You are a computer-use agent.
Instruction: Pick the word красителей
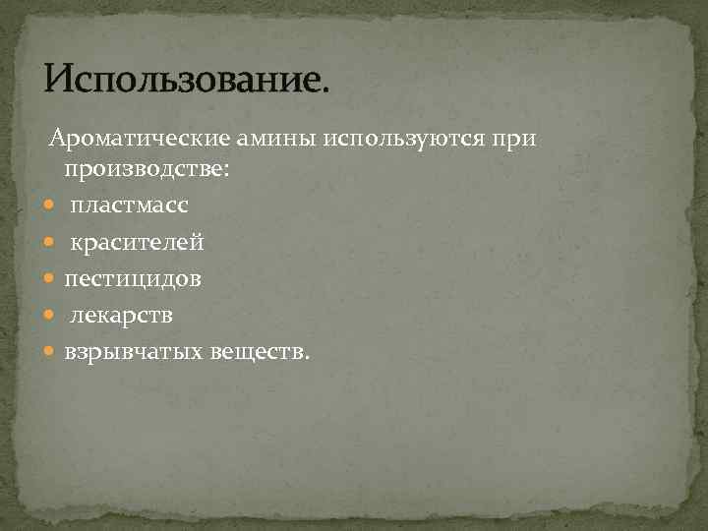point(136,243)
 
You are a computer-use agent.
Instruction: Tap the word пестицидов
point(133,279)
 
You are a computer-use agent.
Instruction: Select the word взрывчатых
point(133,352)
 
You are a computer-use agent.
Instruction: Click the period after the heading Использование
point(325,89)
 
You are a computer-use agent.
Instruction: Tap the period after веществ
point(306,357)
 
